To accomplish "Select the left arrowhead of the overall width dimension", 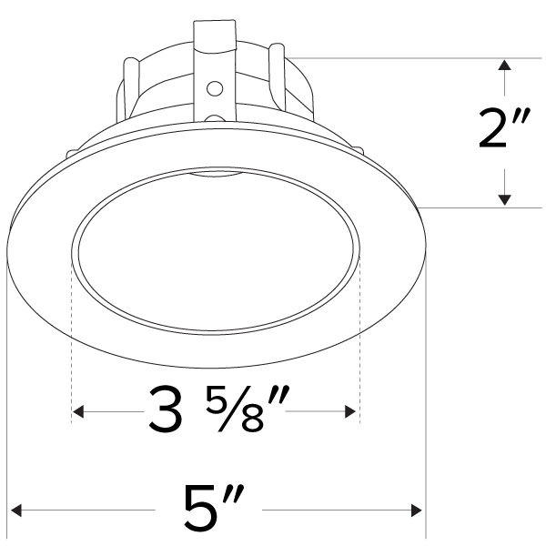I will click(14, 509).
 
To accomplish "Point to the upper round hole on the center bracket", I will click(216, 88).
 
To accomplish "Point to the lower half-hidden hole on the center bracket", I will click(216, 118).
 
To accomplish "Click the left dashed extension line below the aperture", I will click(71, 346).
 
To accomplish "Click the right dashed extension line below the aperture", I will click(360, 346).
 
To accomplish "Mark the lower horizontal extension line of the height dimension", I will click(482, 207).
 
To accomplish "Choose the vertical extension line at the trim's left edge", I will click(7, 409).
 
